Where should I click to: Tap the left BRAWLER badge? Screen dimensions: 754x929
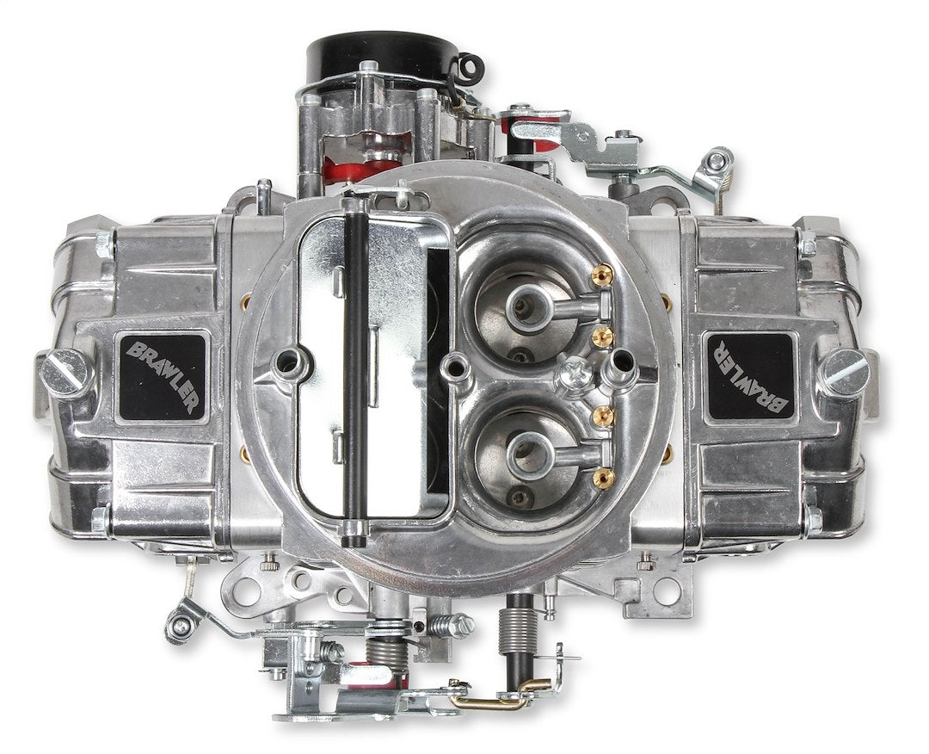(162, 376)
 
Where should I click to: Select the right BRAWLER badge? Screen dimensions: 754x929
(748, 376)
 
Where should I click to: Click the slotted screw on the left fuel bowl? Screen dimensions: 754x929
(67, 374)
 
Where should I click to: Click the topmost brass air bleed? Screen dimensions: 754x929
(602, 275)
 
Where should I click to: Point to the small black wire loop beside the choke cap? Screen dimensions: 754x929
(469, 66)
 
